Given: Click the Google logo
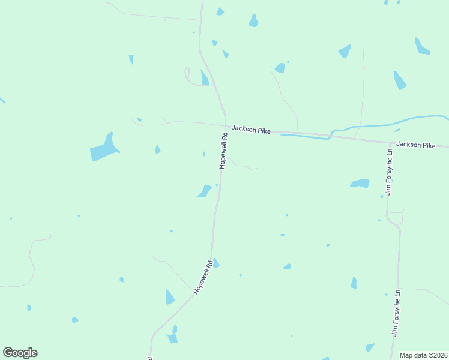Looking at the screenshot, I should point(20,353).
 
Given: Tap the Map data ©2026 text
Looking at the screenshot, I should point(424,355).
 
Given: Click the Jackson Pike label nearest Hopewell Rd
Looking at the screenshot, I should point(250,128).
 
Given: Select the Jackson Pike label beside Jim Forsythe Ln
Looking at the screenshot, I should point(415,145).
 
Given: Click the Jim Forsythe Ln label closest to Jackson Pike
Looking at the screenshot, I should point(390,173).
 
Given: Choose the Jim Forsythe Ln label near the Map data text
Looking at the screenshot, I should point(396,313).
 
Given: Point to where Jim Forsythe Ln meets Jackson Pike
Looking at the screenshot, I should point(388,142).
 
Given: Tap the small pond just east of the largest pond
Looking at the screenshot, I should point(157,149).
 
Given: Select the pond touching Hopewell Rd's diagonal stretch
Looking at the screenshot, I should point(215,263).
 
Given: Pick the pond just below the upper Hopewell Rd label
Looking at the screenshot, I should point(204,191).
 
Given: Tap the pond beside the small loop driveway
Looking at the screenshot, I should point(205,78).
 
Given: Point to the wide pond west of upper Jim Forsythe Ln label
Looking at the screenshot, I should point(360,183).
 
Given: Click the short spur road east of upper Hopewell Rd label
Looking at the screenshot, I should point(243,166).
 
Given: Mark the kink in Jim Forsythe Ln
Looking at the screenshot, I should point(394,221).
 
